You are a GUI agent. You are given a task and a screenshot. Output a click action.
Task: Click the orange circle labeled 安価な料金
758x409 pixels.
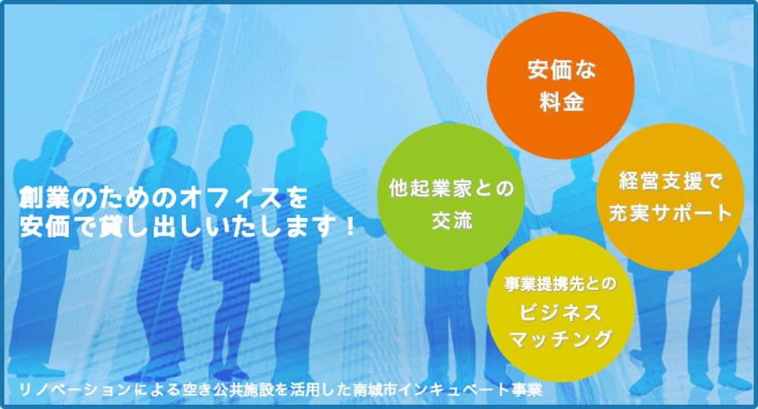click(x=560, y=86)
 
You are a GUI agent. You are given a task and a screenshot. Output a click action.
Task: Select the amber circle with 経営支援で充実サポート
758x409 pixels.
click(x=671, y=196)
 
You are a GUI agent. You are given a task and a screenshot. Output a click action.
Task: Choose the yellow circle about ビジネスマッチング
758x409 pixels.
click(x=560, y=308)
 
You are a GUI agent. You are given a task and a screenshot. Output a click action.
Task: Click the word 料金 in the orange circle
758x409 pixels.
click(x=561, y=102)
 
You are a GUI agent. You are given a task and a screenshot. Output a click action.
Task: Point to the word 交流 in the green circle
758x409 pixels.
click(x=452, y=220)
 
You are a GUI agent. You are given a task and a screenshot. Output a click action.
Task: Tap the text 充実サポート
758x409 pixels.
click(x=671, y=213)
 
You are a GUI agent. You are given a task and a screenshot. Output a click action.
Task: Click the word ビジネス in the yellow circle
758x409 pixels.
click(x=560, y=313)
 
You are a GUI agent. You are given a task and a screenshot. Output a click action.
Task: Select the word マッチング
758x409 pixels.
click(x=561, y=339)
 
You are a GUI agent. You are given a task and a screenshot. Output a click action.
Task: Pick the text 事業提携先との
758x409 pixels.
click(x=561, y=284)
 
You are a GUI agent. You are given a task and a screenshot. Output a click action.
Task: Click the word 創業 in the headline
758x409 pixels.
click(x=42, y=198)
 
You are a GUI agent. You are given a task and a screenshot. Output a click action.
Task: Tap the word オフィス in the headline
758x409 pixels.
click(x=231, y=198)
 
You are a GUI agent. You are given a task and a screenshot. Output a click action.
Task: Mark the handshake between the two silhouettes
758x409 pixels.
click(x=372, y=225)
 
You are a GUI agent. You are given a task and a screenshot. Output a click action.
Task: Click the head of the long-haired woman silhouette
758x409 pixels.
click(x=236, y=141)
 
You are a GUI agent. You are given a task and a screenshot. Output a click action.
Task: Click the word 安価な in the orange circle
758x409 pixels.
click(x=561, y=70)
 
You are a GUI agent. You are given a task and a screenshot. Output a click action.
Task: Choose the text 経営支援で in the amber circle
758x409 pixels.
click(x=671, y=181)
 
